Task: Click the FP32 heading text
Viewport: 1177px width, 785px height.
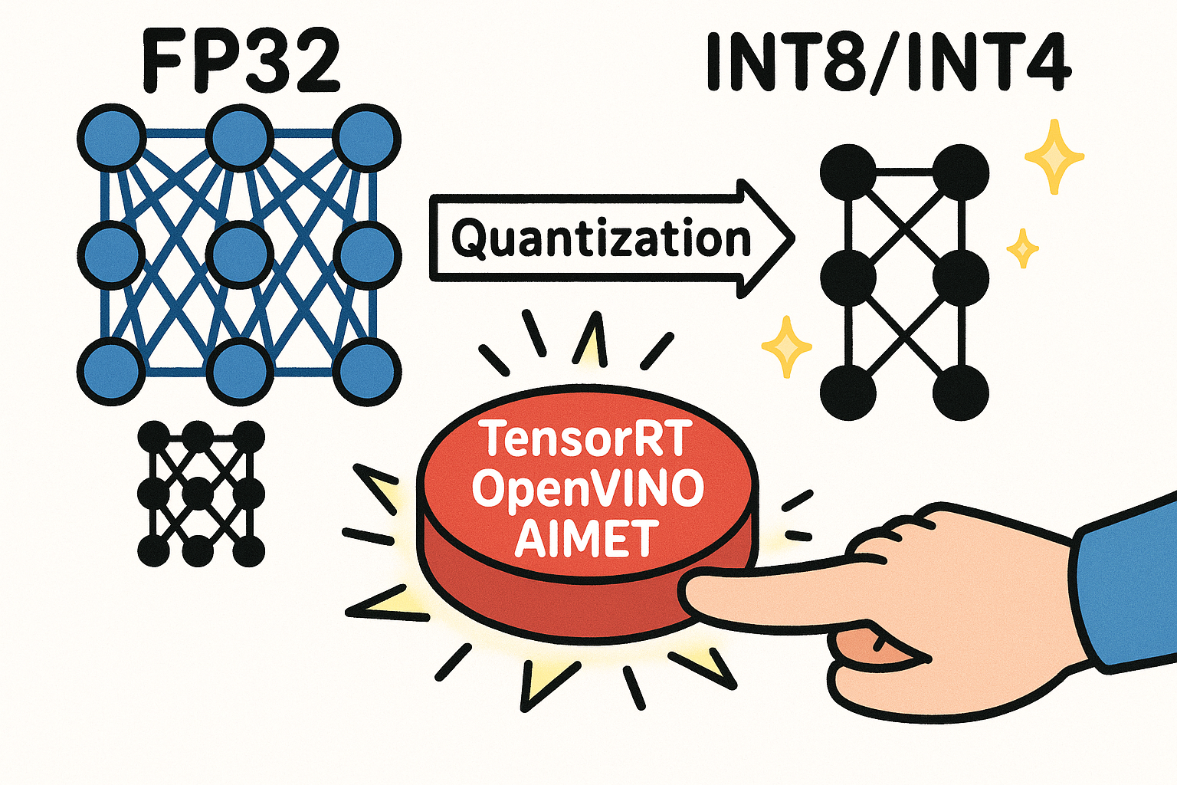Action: (x=240, y=62)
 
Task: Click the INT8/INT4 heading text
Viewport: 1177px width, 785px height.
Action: (x=887, y=62)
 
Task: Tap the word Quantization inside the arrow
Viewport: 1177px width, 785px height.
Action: (x=601, y=239)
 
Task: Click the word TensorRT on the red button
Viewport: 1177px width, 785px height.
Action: (x=586, y=439)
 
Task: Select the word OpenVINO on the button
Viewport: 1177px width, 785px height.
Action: (x=588, y=488)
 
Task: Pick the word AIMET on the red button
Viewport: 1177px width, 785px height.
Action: (x=586, y=537)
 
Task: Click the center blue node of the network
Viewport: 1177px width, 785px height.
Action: (x=240, y=254)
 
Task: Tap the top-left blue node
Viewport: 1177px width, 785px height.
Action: (x=112, y=138)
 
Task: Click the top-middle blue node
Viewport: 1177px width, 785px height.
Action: (x=240, y=138)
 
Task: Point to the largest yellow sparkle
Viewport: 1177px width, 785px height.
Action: (x=1054, y=156)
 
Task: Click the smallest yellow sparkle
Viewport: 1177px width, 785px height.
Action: (x=1021, y=248)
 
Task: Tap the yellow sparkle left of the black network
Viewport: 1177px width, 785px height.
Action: (x=786, y=347)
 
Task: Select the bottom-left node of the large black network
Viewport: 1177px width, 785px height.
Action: (x=848, y=392)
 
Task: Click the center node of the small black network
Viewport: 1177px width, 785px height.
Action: (x=198, y=493)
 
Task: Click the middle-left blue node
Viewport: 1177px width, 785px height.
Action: (x=112, y=254)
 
